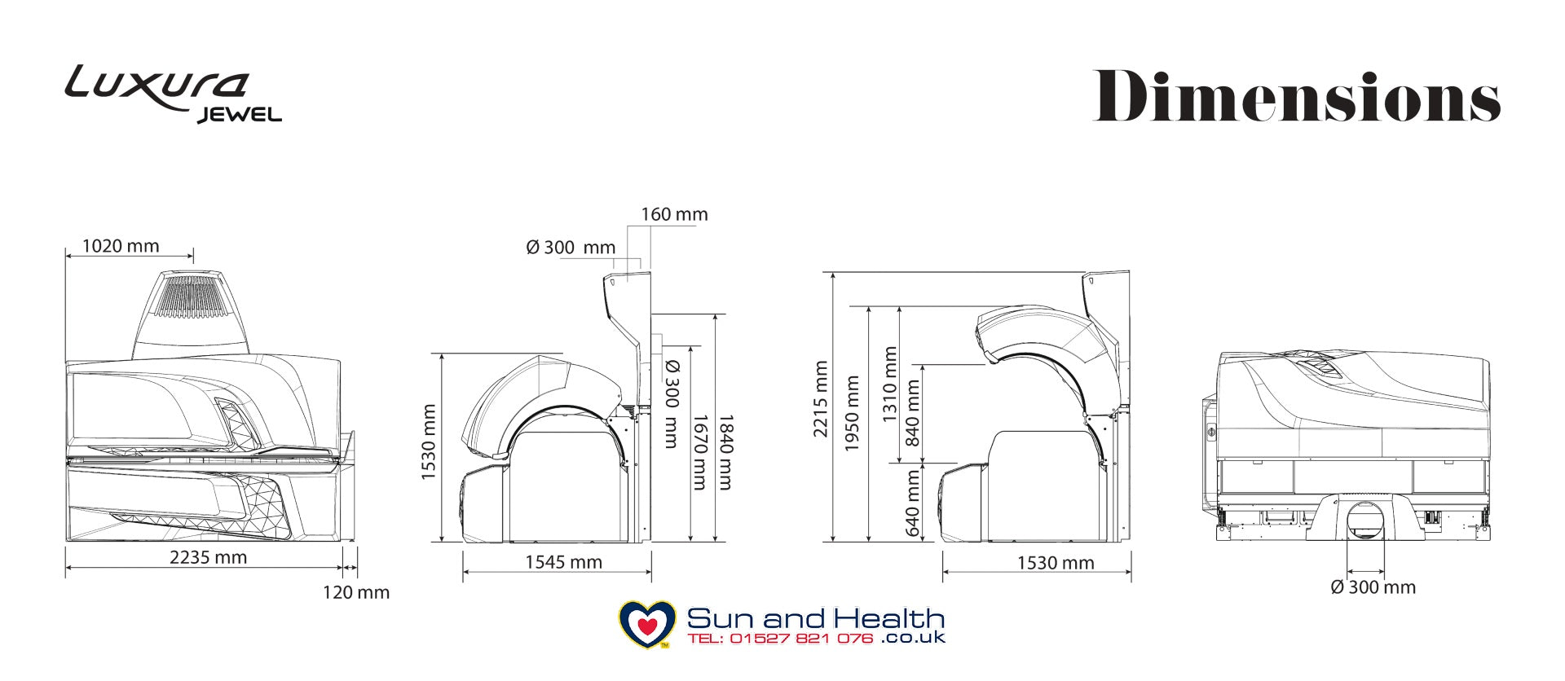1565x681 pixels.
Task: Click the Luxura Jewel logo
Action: point(173,94)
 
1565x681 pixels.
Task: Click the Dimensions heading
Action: point(1296,96)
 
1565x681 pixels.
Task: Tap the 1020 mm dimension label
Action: point(121,246)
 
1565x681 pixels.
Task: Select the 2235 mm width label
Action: point(208,557)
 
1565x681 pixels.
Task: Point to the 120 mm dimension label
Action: point(356,592)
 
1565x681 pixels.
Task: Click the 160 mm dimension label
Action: point(674,214)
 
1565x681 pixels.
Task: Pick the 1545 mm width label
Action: point(563,562)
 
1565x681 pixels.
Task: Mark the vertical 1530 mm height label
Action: point(429,442)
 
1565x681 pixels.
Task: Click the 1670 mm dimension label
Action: point(699,452)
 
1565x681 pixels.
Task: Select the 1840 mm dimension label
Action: point(725,452)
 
